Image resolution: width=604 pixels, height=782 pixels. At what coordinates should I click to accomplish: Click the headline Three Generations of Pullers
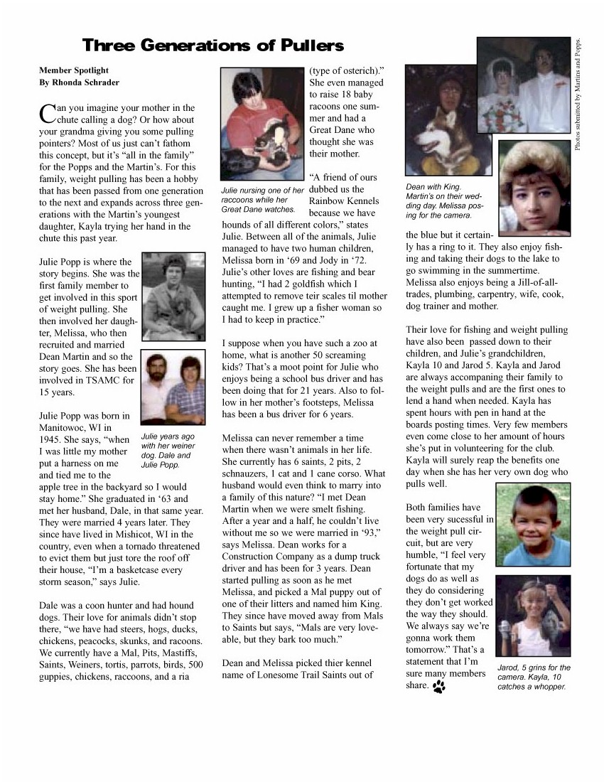tap(213, 45)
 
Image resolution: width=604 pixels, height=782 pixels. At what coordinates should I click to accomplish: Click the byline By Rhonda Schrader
tap(79, 82)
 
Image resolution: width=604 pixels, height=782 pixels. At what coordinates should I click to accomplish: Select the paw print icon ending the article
tap(438, 687)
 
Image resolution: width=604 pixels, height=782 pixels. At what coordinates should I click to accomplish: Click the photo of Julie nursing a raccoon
tap(262, 124)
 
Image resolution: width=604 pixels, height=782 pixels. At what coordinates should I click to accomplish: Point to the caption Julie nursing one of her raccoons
tap(262, 200)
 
